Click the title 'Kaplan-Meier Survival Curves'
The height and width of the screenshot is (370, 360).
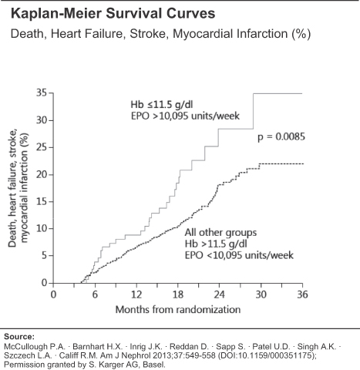tap(113, 13)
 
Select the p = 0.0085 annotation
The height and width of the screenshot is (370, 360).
tap(281, 136)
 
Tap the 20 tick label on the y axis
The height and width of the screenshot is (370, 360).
tap(42, 175)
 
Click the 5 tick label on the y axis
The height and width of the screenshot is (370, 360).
tap(45, 256)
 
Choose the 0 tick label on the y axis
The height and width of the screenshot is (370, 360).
tap(45, 283)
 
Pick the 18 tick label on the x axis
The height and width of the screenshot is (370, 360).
tap(178, 294)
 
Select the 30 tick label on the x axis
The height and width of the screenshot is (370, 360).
tap(261, 294)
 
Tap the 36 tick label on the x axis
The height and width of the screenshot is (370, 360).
tap(302, 294)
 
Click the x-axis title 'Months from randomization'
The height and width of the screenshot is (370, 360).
tap(178, 309)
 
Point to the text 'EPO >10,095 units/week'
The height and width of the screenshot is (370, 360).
tap(185, 116)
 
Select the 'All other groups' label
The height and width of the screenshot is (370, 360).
tap(220, 233)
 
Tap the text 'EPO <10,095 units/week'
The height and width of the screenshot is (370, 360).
tap(239, 255)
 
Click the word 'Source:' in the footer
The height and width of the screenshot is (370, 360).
tap(19, 337)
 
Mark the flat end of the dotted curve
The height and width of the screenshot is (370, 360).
tap(303, 163)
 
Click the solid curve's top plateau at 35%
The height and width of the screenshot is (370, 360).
tap(278, 93)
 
